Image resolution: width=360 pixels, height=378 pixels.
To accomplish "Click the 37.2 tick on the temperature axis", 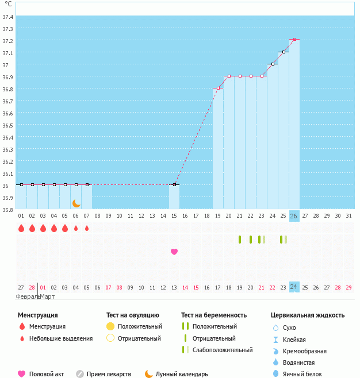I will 8,41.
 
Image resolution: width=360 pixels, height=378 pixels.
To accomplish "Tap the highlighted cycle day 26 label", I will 294,216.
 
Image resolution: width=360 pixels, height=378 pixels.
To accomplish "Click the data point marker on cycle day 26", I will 294,40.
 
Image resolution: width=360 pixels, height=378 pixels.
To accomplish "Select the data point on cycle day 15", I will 174,184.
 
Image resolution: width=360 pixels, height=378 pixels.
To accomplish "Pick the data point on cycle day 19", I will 218,88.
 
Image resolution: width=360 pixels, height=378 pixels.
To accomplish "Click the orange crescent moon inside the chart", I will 76,203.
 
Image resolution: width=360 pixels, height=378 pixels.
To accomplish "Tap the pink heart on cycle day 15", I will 174,252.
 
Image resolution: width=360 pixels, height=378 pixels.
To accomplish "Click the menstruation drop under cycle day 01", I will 21,228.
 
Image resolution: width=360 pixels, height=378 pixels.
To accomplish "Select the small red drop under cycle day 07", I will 87,228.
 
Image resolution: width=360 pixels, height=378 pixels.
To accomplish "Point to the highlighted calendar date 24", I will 294,287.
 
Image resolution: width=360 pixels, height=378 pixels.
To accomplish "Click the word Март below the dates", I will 47,296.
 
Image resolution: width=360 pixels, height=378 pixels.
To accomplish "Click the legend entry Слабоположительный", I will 223,350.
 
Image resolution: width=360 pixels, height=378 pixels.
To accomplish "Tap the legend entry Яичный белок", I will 302,374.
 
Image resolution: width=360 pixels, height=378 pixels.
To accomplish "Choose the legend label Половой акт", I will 47,374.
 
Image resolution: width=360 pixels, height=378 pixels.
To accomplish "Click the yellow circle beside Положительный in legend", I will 110,326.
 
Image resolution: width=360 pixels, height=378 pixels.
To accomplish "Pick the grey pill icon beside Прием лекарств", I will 80,374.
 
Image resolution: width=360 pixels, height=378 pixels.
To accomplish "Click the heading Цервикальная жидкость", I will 308,315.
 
